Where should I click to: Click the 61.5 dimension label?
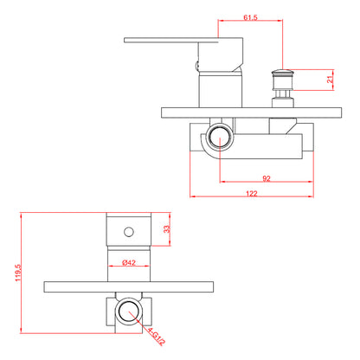pos(250,17)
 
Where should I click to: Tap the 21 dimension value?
pos(331,78)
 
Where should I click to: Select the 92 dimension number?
pos(267,178)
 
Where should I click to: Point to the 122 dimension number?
pos(252,193)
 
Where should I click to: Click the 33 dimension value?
pos(167,229)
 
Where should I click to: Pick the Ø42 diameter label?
pos(129,262)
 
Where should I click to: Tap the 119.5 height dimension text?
pos(18,273)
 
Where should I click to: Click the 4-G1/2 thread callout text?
pos(157,336)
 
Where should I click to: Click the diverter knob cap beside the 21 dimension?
pos(283,72)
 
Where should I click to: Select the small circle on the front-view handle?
pos(129,232)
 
